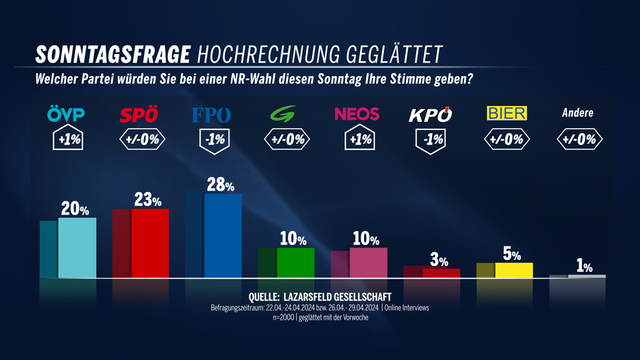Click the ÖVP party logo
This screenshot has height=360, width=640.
[67, 114]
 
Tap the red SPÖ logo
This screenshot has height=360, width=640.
[139, 115]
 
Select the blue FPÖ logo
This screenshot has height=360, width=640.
[211, 115]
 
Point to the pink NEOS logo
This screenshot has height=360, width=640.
[357, 114]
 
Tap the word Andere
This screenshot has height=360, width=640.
[577, 113]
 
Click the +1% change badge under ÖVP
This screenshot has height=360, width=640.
[67, 140]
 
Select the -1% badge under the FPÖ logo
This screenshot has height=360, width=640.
[211, 140]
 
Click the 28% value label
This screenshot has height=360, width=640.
[221, 185]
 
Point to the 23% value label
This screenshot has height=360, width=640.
[149, 200]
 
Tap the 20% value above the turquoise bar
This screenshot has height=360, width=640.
[76, 209]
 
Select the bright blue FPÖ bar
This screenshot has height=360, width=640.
[223, 235]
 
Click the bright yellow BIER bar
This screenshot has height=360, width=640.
[514, 270]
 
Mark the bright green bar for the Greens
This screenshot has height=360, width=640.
[295, 262]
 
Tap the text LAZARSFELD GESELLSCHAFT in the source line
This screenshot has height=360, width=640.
[337, 296]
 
